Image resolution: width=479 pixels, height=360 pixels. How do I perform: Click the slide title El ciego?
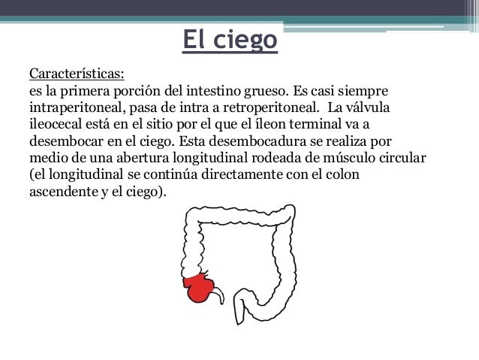coord(230,41)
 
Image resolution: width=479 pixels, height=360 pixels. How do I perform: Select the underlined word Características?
coord(77,75)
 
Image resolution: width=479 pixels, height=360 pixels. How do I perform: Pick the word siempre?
coord(363,92)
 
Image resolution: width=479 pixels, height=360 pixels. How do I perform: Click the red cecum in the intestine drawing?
coord(199,286)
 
